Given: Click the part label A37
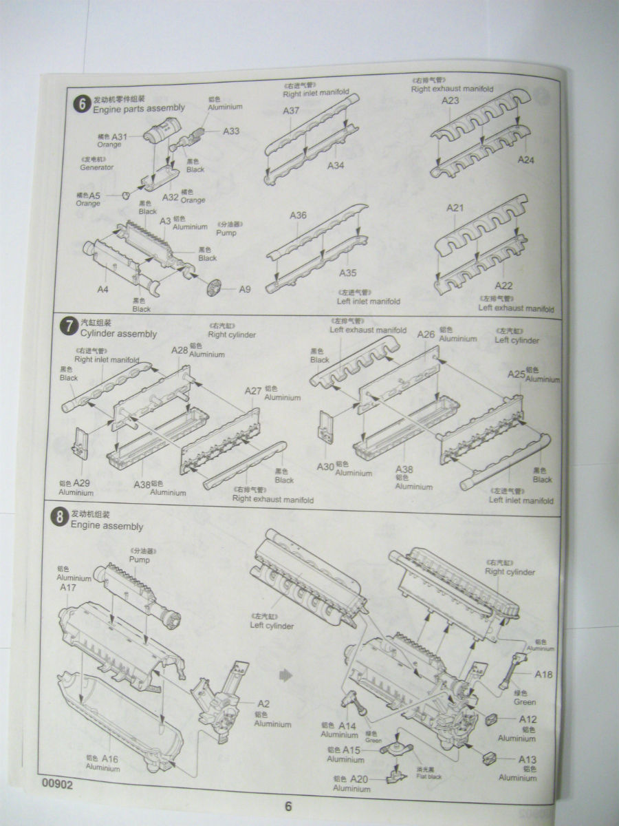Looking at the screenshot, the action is tap(291, 111).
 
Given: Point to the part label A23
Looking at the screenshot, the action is tap(450, 100).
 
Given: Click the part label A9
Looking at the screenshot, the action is tap(245, 289).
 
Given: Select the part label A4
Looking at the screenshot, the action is tap(102, 289).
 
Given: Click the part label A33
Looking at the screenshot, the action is tap(231, 131).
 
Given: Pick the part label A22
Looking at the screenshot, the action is tap(504, 286).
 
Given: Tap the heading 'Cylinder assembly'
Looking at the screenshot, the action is tap(118, 334).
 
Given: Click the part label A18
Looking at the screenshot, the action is tap(543, 675).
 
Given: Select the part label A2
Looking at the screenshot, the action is tap(263, 703).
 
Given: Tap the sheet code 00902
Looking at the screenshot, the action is tap(56, 783).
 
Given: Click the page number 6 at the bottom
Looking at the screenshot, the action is tap(289, 807).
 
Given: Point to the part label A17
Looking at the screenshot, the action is tap(67, 588).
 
